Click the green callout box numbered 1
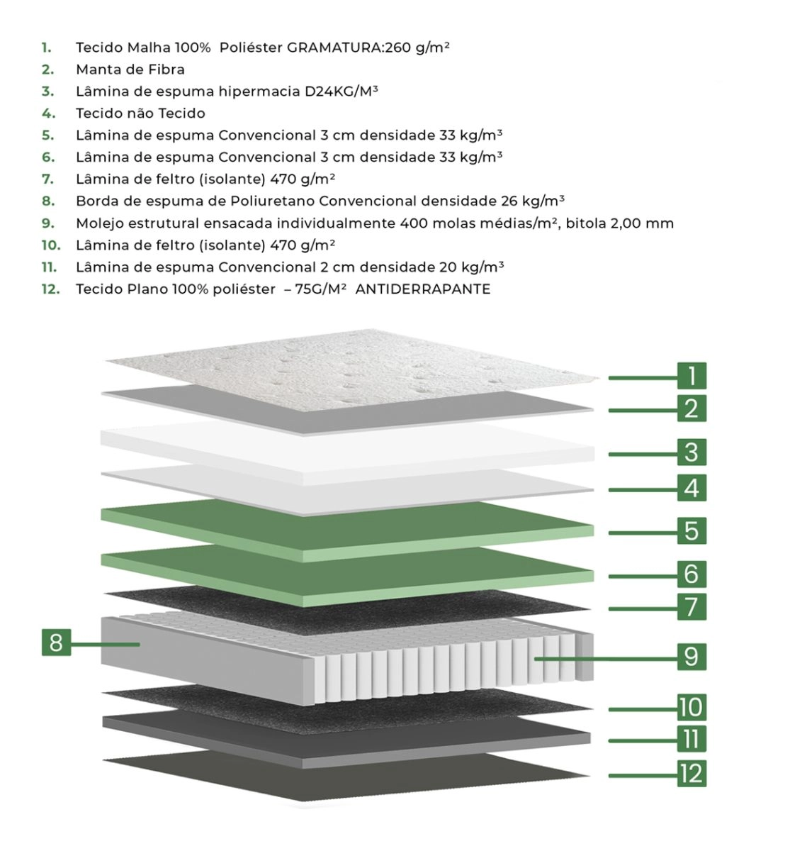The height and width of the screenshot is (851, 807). [691, 375]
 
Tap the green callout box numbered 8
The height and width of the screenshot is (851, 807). [56, 643]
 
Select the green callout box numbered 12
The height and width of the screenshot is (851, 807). [691, 773]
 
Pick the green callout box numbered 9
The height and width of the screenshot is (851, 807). [691, 657]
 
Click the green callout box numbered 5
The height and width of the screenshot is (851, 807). [691, 530]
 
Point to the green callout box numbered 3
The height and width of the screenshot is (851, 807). [691, 452]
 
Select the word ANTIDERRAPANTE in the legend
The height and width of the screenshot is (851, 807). [422, 289]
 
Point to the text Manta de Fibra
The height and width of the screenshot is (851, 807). [130, 69]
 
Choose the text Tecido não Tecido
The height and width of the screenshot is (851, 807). [140, 113]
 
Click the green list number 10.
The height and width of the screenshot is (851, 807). [51, 245]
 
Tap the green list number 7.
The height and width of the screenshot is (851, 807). [47, 179]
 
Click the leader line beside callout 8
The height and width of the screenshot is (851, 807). [106, 645]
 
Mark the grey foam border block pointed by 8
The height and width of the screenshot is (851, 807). [203, 650]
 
